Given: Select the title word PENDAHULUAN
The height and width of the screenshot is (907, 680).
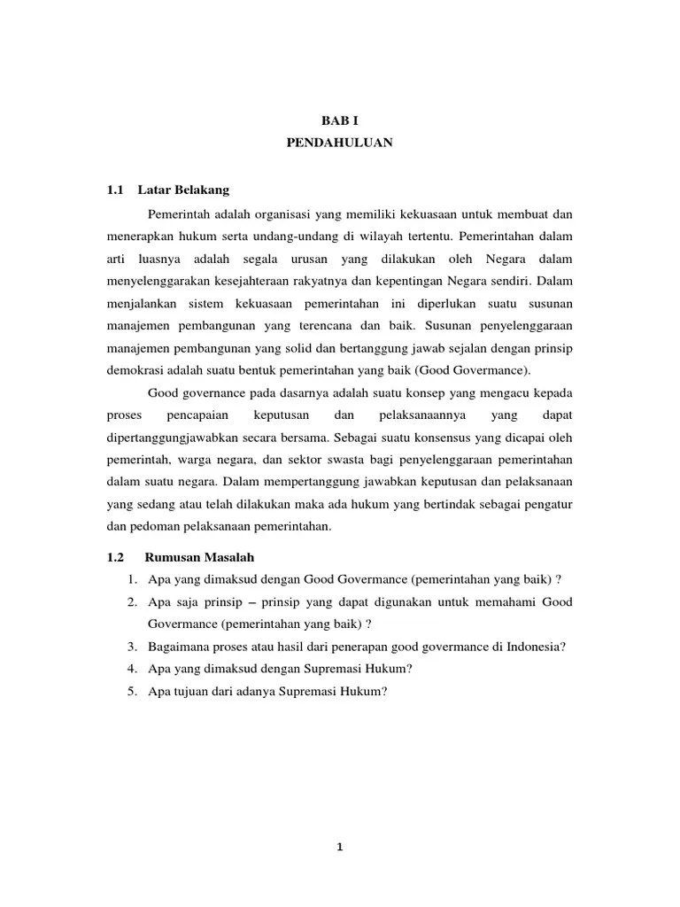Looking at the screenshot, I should pyautogui.click(x=340, y=142).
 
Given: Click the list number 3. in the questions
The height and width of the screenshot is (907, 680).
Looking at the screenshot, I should pyautogui.click(x=131, y=647).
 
